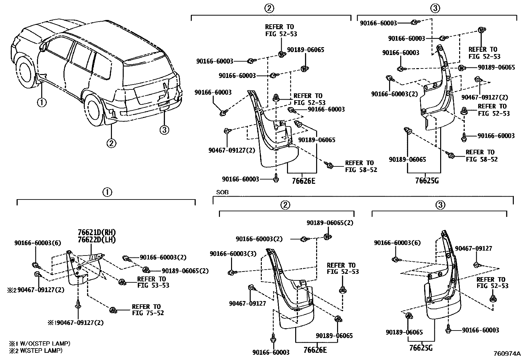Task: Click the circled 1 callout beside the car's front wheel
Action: pos(42,102)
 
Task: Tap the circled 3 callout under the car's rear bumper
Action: pos(164,130)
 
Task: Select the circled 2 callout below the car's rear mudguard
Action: pos(111,143)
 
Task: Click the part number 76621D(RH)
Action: pos(97,232)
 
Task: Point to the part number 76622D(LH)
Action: pos(97,239)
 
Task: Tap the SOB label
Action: pos(222,192)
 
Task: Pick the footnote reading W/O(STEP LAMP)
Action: pos(40,344)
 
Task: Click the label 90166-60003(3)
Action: pos(229,254)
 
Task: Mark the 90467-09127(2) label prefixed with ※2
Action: pos(37,290)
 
